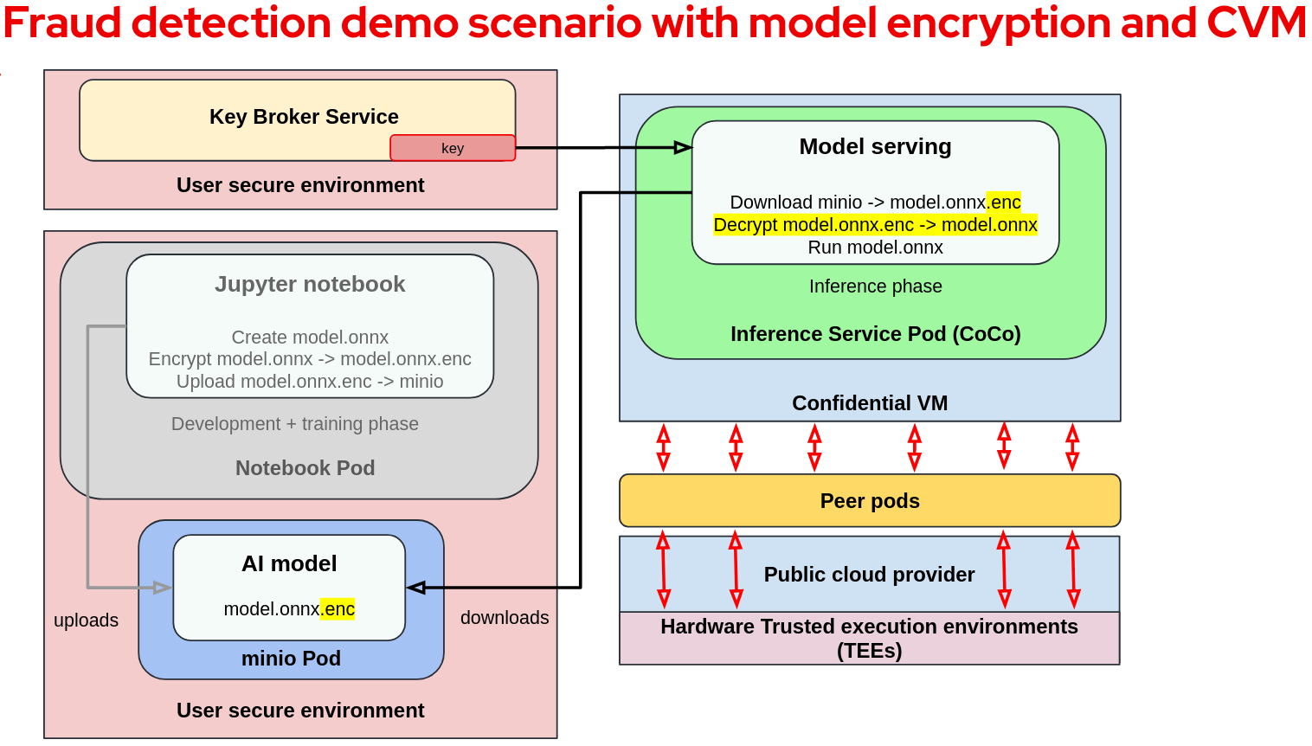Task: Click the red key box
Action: (453, 148)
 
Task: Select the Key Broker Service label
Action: (304, 117)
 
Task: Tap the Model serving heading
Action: (875, 147)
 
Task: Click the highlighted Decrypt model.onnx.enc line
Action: (875, 225)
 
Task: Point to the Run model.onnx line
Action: (875, 248)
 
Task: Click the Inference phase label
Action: (875, 286)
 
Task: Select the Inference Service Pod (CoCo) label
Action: (875, 334)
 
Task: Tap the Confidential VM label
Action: (870, 403)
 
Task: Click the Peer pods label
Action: (870, 501)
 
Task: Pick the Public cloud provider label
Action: (869, 575)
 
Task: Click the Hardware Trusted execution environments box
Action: (869, 638)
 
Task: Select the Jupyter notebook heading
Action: (310, 285)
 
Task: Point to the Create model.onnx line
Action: (310, 338)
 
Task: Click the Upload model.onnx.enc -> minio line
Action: (310, 382)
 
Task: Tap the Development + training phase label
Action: (294, 424)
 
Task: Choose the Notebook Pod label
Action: (305, 468)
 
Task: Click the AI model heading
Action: (289, 564)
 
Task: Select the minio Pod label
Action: (291, 659)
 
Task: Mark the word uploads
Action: (86, 621)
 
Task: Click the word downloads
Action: (505, 618)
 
